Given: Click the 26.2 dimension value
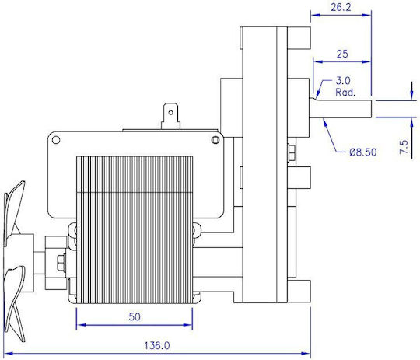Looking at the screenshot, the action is (341, 7).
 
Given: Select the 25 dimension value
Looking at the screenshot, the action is (342, 54).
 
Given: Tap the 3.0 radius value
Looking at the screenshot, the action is (343, 80).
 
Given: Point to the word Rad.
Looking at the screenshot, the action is (345, 93).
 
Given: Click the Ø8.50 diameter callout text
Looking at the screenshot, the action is (363, 152).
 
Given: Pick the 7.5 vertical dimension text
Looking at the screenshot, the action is (404, 147).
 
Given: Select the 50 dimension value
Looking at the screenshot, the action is (135, 317).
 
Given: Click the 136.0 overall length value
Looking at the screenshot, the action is (157, 345).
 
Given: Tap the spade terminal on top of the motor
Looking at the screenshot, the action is (170, 117).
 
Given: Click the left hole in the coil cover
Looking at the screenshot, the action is (56, 140).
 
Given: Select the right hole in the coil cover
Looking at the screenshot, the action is (215, 140).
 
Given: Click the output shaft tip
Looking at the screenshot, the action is (371, 109).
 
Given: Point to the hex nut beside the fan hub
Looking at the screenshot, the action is (61, 263).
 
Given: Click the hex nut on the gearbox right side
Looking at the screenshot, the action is (291, 152).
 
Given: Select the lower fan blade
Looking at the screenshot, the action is (15, 302).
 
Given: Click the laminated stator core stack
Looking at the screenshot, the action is (135, 230).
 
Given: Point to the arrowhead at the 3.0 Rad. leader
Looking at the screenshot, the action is (318, 94).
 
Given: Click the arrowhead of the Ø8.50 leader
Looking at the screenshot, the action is (325, 123).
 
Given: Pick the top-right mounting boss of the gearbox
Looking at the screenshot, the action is (299, 38).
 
